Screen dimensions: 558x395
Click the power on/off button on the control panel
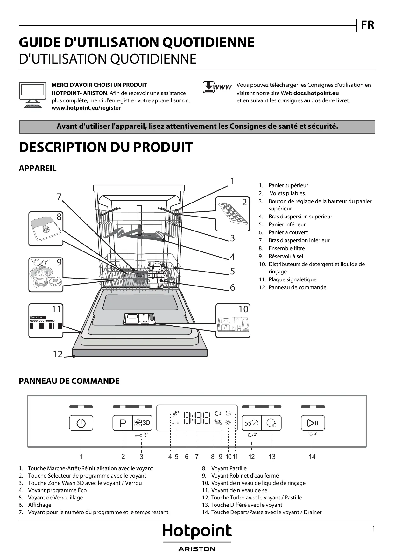click(81, 423)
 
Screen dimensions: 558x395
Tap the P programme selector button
click(123, 423)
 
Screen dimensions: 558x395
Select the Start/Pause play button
click(313, 423)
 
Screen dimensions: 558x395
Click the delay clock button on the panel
click(272, 423)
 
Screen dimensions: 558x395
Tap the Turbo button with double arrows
click(251, 423)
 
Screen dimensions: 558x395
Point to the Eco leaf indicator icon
click(176, 414)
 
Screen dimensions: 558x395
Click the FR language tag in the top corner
click(367, 25)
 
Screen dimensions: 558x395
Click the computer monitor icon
click(32, 95)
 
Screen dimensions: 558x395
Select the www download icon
click(217, 87)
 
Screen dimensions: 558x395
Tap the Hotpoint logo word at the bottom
click(197, 531)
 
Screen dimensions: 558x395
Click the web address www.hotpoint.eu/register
click(86, 108)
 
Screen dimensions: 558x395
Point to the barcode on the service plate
click(46, 326)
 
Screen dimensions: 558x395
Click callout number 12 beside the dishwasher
click(58, 354)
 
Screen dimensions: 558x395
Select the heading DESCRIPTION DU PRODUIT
click(106, 147)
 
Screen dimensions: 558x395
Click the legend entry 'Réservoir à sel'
click(286, 256)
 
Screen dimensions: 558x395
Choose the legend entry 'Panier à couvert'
click(288, 232)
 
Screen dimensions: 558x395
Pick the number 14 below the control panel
click(312, 457)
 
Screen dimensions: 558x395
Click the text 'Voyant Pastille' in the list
click(229, 468)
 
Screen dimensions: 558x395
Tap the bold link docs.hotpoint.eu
click(316, 93)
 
